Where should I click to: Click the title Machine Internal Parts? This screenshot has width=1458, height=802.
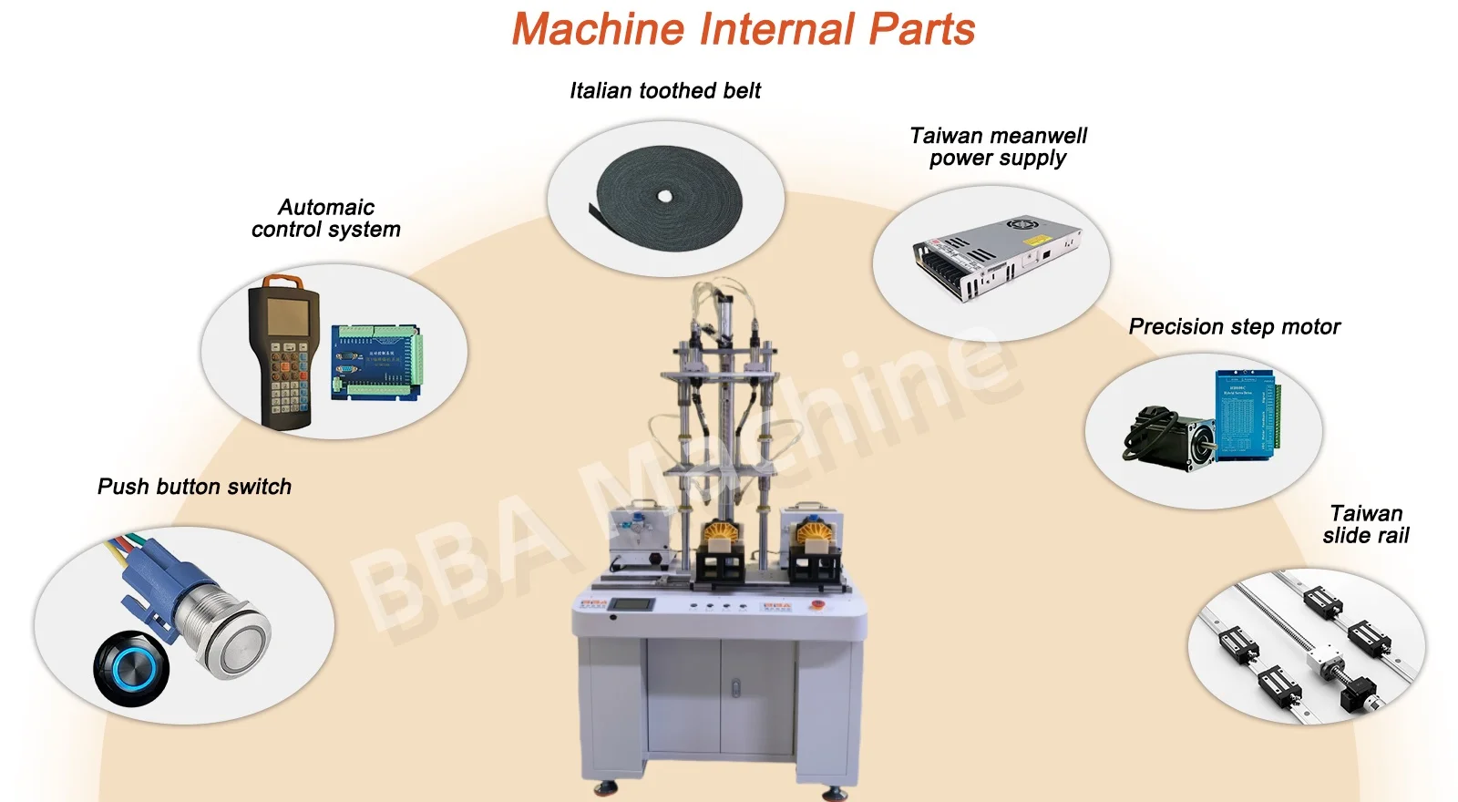click(x=743, y=29)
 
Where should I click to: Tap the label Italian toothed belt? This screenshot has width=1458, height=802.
click(x=664, y=91)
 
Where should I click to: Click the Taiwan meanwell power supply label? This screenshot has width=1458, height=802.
click(x=998, y=147)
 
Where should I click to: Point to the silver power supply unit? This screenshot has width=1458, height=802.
click(x=997, y=254)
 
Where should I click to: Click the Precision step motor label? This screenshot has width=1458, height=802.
click(x=1234, y=326)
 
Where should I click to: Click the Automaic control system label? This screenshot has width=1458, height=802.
click(x=325, y=219)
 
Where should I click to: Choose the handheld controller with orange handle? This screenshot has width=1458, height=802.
click(x=283, y=351)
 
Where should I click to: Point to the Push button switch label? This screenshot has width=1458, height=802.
click(x=194, y=487)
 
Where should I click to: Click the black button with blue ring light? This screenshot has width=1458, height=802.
click(x=131, y=671)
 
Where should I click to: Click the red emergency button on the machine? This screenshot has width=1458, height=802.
click(x=816, y=604)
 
